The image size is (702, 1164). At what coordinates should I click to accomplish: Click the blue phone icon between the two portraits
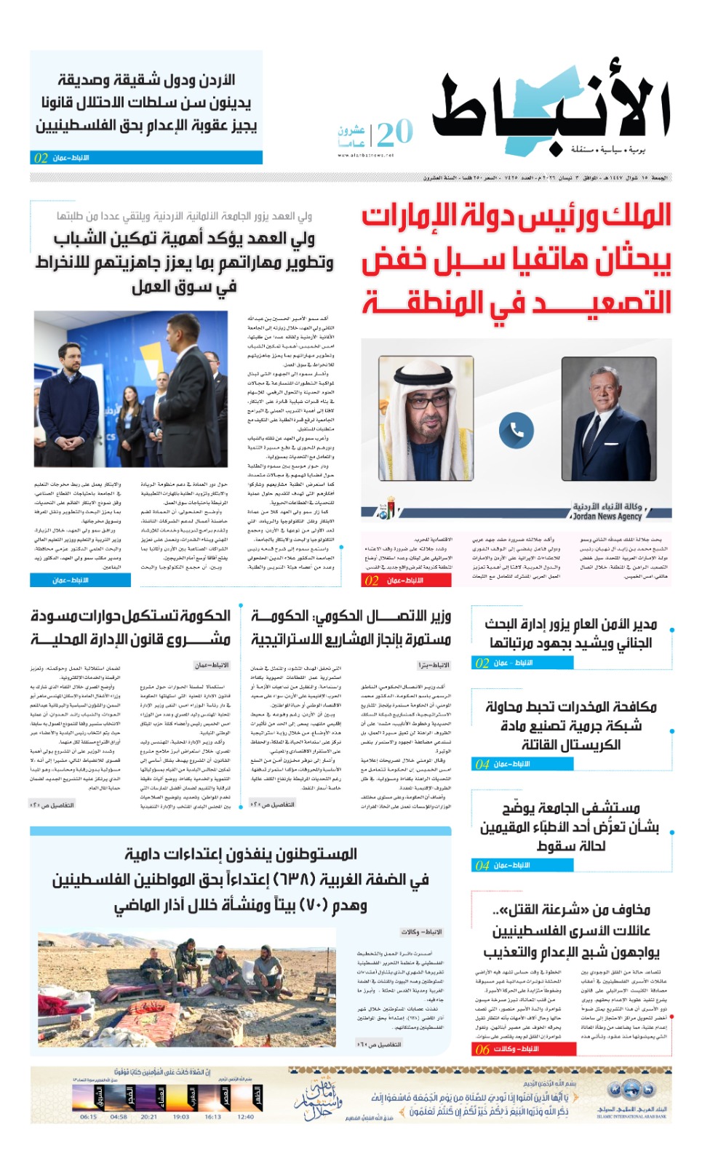(x=516, y=431)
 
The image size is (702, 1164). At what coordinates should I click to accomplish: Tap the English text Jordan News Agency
(x=607, y=517)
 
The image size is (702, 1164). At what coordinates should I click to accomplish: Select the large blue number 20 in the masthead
(x=395, y=133)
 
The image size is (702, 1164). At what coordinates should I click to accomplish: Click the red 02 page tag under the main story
(x=372, y=581)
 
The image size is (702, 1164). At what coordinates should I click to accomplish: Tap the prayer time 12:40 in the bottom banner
(x=245, y=1117)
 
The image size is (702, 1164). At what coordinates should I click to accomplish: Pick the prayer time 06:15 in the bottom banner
(x=88, y=1117)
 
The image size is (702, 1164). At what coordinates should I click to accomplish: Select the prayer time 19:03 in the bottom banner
(x=181, y=1117)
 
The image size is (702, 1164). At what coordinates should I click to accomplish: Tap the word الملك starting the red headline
(x=637, y=216)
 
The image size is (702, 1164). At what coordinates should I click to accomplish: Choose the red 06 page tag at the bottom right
(x=482, y=1049)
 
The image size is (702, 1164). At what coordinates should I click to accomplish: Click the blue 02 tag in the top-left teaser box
(x=41, y=158)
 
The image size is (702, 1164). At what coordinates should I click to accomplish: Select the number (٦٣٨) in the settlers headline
(x=292, y=880)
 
